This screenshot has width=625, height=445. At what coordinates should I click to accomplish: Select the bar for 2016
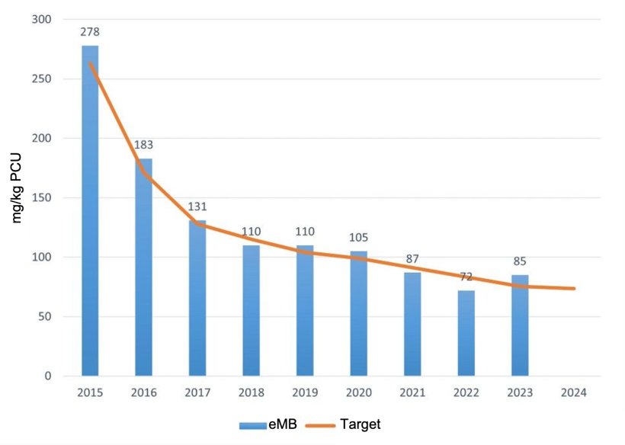click(143, 267)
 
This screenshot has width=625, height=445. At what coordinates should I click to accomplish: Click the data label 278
click(90, 32)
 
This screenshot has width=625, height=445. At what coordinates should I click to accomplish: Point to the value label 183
click(143, 145)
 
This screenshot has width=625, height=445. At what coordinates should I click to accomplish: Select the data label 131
click(197, 206)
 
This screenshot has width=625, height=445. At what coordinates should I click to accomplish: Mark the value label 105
click(358, 238)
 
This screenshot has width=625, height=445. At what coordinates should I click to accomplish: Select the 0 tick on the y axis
click(46, 376)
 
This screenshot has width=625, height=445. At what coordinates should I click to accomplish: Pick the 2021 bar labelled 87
click(412, 324)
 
